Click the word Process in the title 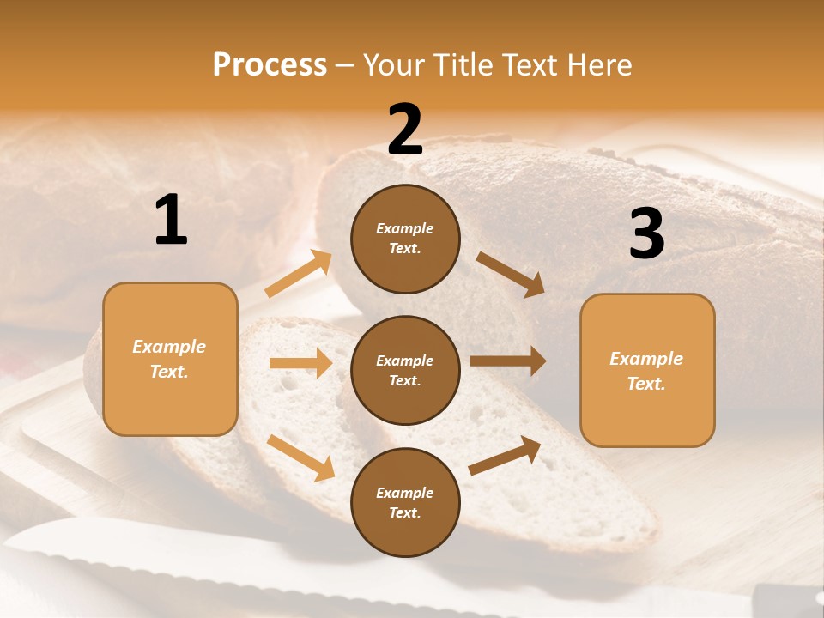coord(270,65)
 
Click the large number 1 coord(171,221)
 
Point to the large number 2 coord(405,130)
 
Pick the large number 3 coord(646,233)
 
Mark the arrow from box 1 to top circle coord(299,274)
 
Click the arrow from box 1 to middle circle coord(300,363)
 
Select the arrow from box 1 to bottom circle coord(300,457)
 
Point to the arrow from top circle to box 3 coord(511,274)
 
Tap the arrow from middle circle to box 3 coord(508,361)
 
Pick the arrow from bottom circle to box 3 coord(506,455)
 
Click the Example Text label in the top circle coord(405,239)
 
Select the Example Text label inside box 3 coord(646,371)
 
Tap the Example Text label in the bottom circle coord(405,503)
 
